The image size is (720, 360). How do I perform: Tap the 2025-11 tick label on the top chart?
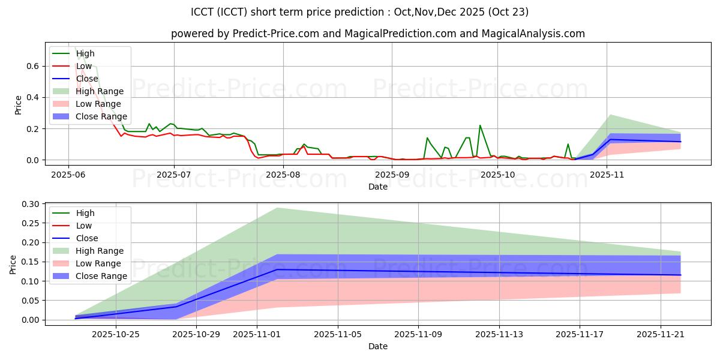click(607, 175)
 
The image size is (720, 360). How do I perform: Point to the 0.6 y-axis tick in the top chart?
click(34, 66)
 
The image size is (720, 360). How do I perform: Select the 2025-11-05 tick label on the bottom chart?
click(337, 334)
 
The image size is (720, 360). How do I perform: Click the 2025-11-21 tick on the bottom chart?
click(660, 334)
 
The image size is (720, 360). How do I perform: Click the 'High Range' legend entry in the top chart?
click(100, 91)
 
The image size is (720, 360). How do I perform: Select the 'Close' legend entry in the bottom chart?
click(88, 238)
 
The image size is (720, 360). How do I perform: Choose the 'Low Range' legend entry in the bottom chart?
click(98, 263)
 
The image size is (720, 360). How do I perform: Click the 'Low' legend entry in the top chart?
click(84, 66)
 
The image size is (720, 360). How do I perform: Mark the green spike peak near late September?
click(480, 125)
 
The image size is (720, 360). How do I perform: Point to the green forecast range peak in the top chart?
click(610, 115)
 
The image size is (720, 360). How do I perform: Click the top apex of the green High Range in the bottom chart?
click(277, 208)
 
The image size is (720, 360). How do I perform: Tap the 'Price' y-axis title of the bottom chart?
click(13, 264)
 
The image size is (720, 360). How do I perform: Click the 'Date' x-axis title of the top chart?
click(378, 187)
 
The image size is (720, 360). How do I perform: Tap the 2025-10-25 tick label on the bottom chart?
click(111, 334)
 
